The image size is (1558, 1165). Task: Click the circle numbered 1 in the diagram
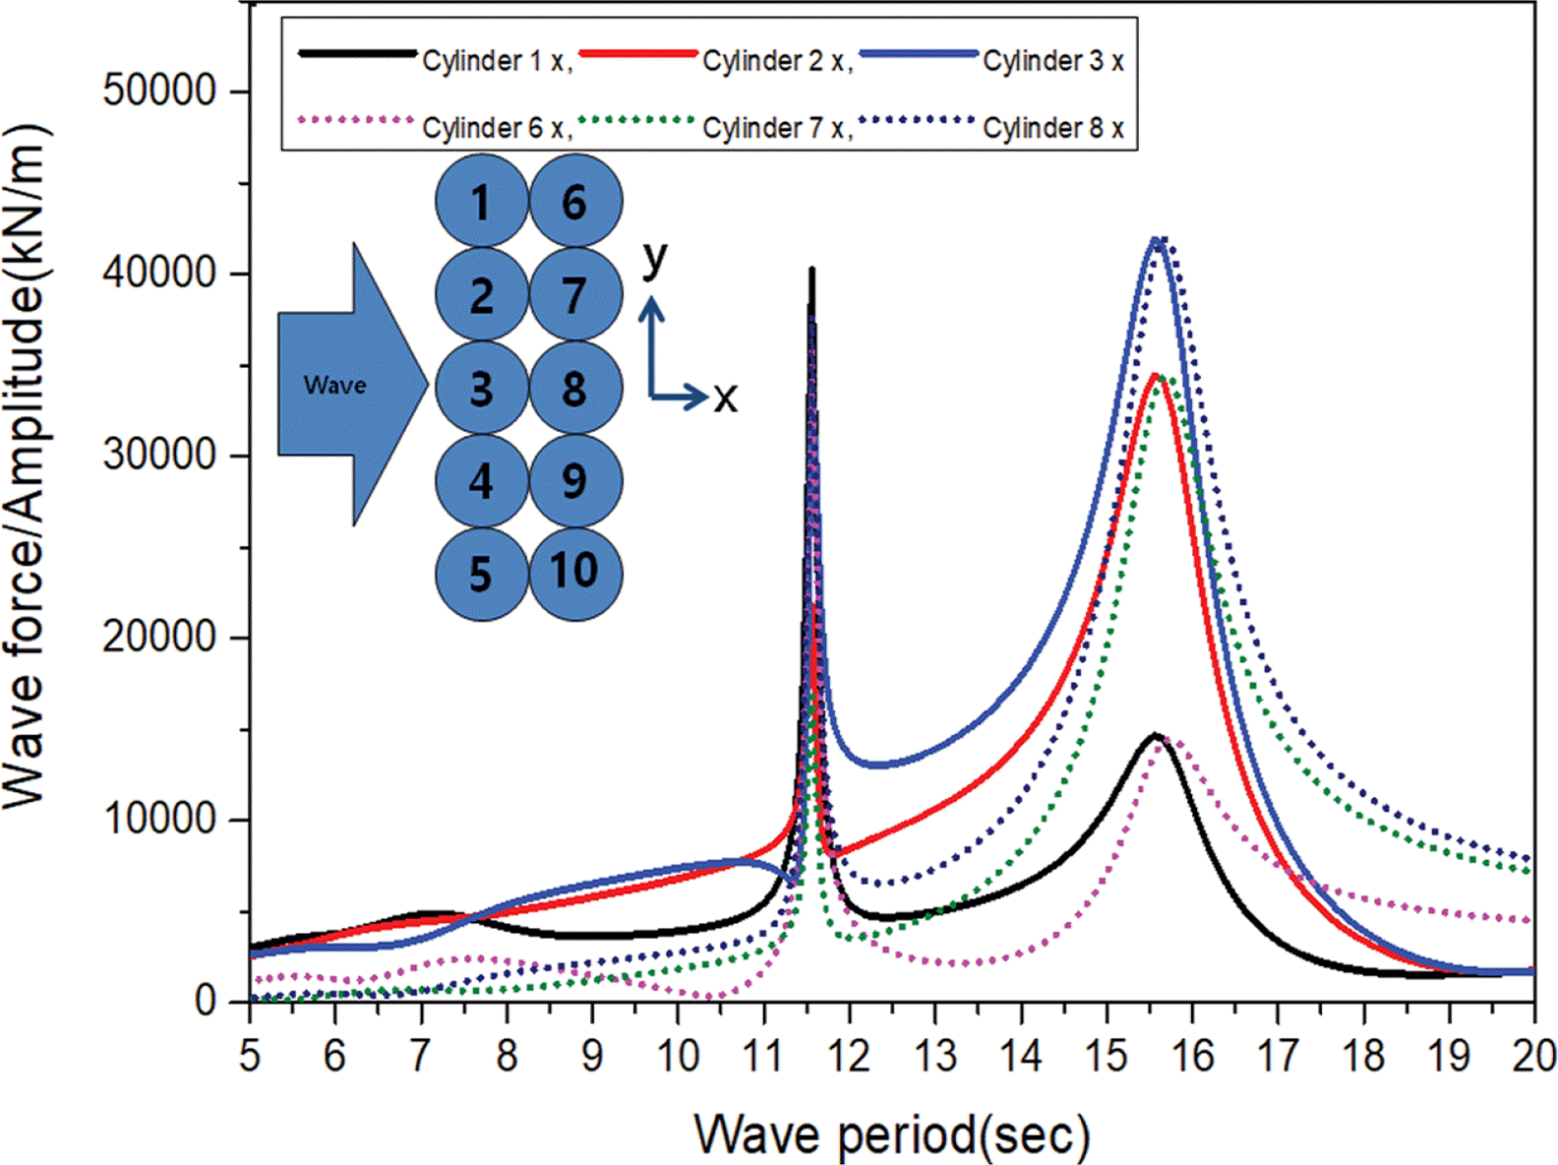pyautogui.click(x=481, y=202)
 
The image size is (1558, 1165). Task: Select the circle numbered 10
pyautogui.click(x=575, y=572)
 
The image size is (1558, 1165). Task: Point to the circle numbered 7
pyautogui.click(x=575, y=294)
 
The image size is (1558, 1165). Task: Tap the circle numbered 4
pyautogui.click(x=481, y=481)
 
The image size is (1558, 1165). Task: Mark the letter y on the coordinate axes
pyautogui.click(x=654, y=259)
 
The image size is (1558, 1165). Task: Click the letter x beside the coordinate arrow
pyautogui.click(x=726, y=398)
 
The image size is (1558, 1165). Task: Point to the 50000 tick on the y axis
pyautogui.click(x=159, y=92)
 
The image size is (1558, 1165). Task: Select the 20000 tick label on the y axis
pyautogui.click(x=159, y=638)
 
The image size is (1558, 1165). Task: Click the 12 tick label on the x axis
pyautogui.click(x=848, y=1057)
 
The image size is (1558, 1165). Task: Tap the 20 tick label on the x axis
pyautogui.click(x=1532, y=1057)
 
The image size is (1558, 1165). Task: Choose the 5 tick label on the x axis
pyautogui.click(x=250, y=1057)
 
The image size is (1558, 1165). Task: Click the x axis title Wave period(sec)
pyautogui.click(x=892, y=1134)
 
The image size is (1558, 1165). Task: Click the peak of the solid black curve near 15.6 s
pyautogui.click(x=1156, y=735)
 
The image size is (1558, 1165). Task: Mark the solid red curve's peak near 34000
pyautogui.click(x=1157, y=375)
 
